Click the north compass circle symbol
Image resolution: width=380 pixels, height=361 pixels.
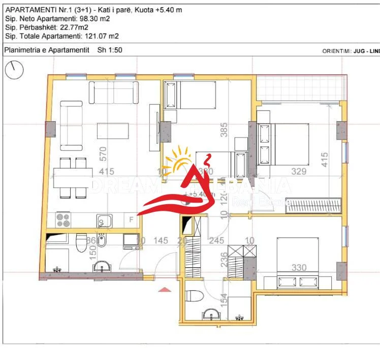click(15, 69)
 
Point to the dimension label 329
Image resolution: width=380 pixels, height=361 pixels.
click(299, 172)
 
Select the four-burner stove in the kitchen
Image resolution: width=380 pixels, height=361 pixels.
click(64, 220)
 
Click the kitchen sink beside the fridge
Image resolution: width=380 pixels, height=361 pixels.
click(105, 220)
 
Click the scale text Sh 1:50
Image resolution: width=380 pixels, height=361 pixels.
click(107, 50)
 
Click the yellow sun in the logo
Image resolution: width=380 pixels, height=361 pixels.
click(181, 159)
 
